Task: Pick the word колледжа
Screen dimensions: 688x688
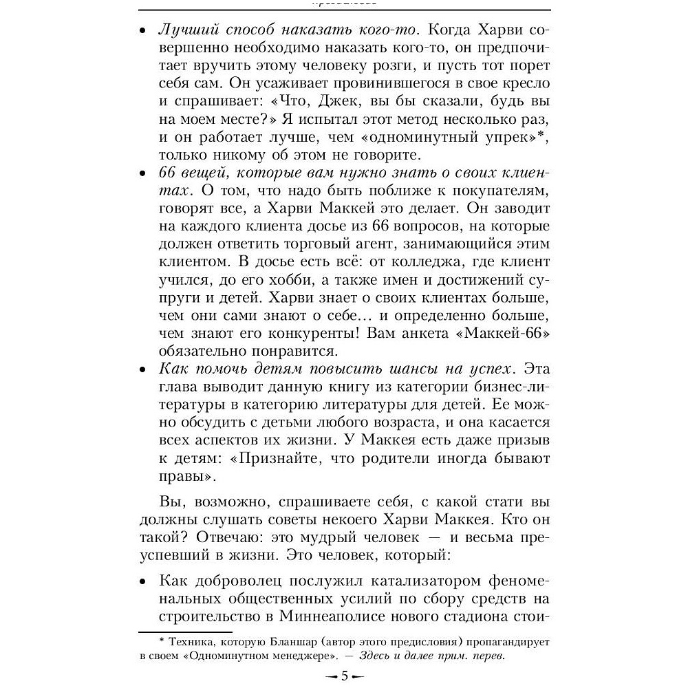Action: click(421, 262)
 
